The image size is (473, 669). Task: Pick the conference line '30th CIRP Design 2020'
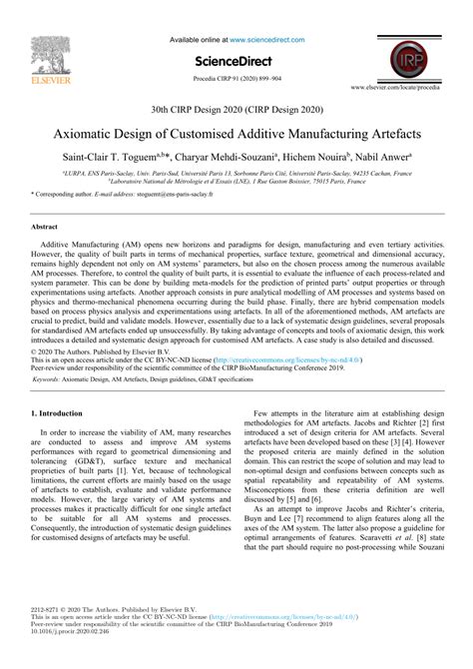click(x=236, y=110)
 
